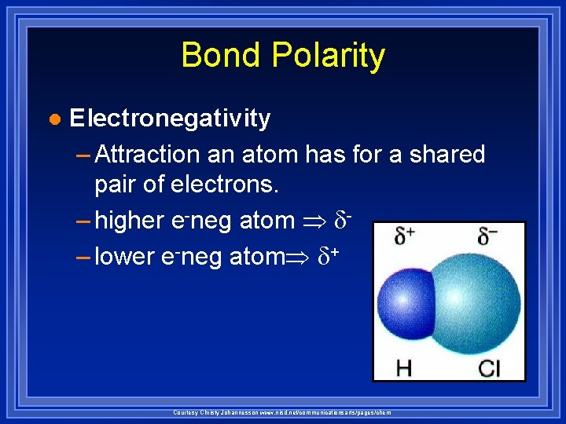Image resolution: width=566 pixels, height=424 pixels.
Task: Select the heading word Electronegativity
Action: tap(170, 119)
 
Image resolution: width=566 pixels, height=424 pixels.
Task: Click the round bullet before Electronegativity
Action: tap(53, 119)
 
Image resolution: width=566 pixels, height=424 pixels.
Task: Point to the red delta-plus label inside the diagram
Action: tap(406, 236)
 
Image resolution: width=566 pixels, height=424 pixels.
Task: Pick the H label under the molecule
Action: tap(403, 367)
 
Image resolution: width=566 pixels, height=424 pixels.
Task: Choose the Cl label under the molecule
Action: tap(488, 367)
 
